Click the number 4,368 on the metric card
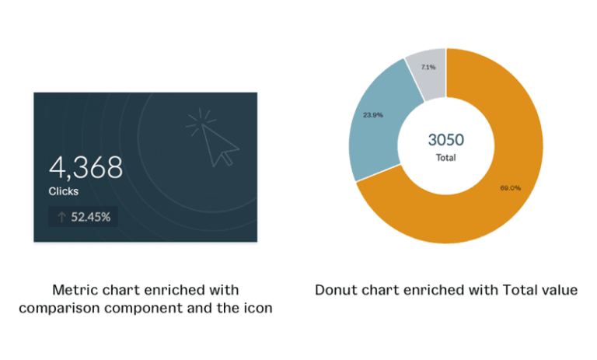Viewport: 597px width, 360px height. [x=86, y=167]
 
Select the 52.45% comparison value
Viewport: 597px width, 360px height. [x=91, y=217]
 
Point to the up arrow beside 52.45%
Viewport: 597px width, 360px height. [x=61, y=217]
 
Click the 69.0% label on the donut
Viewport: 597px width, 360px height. [x=510, y=187]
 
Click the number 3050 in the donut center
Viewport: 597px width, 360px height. [x=445, y=140]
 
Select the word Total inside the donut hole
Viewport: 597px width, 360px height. [x=445, y=157]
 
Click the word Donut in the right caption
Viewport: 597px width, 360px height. [x=335, y=290]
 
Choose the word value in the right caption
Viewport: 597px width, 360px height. [x=559, y=290]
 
